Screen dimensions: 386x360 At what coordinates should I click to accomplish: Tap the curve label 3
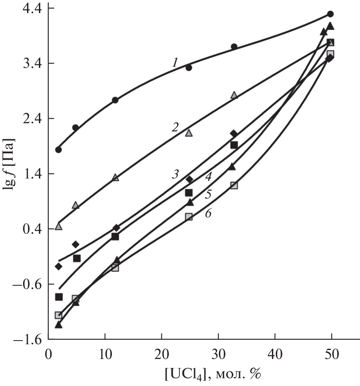[175, 174]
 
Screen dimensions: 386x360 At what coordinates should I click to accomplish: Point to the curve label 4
[208, 177]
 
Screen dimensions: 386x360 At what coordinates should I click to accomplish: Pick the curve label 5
[208, 194]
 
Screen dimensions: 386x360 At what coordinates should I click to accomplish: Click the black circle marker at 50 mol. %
[331, 14]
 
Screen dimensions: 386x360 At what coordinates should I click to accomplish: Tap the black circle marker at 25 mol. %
[189, 68]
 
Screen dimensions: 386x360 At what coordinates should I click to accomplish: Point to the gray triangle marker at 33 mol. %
[234, 95]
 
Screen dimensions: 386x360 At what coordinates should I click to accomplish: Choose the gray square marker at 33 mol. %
[234, 185]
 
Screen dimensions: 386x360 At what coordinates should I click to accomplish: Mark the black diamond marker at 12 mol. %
[116, 228]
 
